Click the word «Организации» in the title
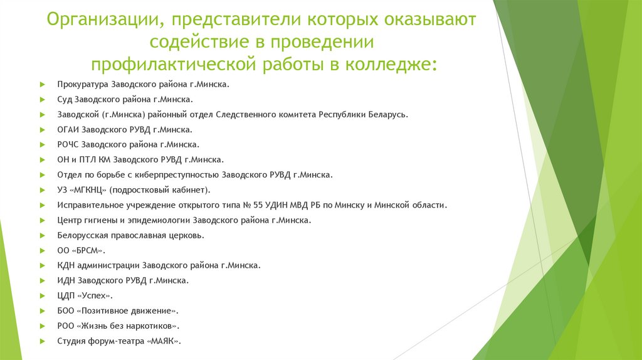(100, 20)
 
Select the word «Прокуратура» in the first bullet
(82, 84)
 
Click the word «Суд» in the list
(64, 99)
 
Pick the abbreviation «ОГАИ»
(67, 130)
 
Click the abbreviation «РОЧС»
(68, 145)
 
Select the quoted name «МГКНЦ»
(91, 190)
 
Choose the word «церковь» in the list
(186, 235)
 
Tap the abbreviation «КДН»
(65, 265)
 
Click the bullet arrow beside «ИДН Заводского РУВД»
(41, 281)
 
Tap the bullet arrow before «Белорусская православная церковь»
(41, 236)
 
